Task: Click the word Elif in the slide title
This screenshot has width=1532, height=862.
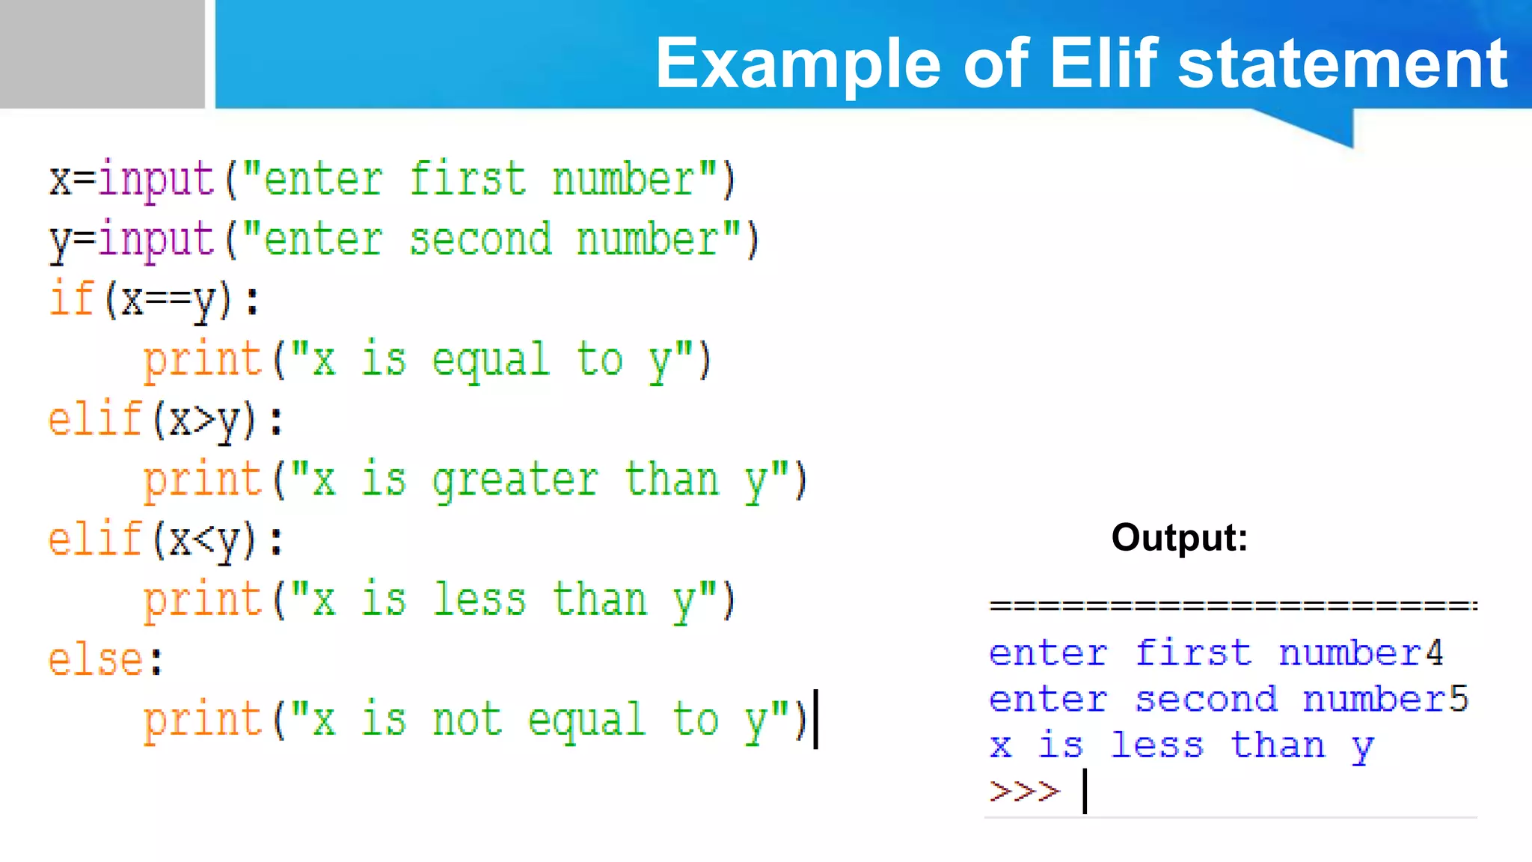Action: [1104, 64]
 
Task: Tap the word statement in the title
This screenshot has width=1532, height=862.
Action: [1343, 64]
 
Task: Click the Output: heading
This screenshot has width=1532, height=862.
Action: [1179, 537]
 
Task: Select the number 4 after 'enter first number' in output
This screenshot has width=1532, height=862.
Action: [1433, 653]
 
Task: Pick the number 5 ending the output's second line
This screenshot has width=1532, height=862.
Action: [1459, 699]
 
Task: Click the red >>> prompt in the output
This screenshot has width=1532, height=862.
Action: [1024, 791]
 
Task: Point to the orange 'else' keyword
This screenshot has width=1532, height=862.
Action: [95, 660]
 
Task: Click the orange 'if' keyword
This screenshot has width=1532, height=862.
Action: [71, 299]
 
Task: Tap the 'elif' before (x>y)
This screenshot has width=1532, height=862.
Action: [95, 419]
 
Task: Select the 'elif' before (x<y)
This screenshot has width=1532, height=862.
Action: [95, 539]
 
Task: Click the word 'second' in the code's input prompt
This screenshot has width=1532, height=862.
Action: [480, 240]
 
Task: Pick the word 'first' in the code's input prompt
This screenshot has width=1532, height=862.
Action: [468, 180]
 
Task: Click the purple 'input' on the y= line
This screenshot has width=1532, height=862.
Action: [156, 240]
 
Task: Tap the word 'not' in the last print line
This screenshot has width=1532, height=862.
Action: [468, 721]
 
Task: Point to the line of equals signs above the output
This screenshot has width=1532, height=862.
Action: [1233, 605]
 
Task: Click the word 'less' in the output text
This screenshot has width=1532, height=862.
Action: [1156, 745]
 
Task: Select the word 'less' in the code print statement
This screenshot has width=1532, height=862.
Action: [479, 600]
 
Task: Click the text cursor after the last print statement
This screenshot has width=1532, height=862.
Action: [816, 719]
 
